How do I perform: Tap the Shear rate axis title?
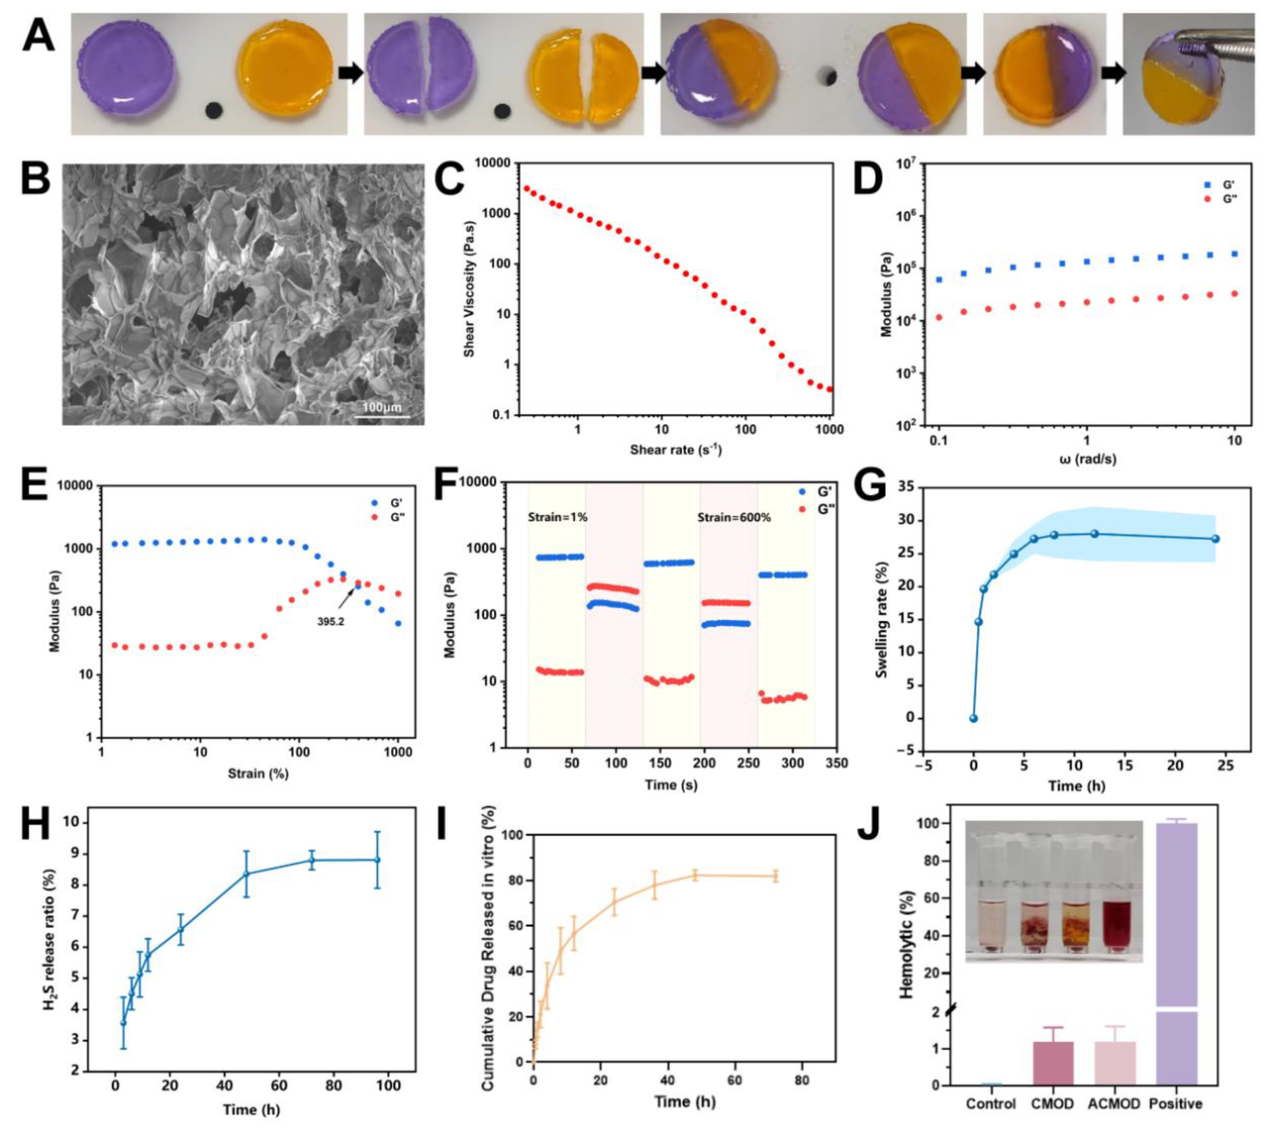[676, 449]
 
